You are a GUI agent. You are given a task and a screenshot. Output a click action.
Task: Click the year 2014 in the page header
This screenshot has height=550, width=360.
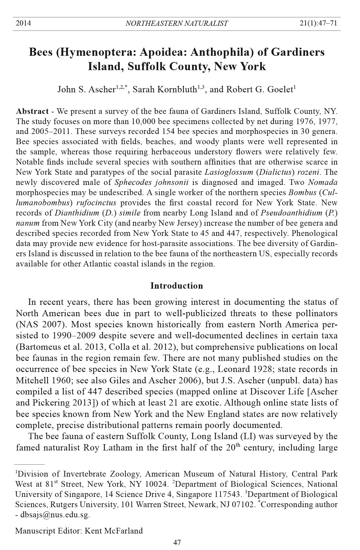point(23,23)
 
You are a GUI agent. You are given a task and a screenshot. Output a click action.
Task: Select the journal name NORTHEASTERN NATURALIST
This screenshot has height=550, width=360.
point(177,23)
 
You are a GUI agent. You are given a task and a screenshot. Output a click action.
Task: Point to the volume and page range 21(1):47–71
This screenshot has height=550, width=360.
point(318,23)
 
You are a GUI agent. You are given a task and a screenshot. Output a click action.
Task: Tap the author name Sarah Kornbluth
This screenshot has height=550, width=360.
point(164,90)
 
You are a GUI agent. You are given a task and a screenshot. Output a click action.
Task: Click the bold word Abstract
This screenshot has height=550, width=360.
point(32,111)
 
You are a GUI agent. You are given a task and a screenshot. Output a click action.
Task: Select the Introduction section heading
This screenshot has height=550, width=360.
point(177,286)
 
